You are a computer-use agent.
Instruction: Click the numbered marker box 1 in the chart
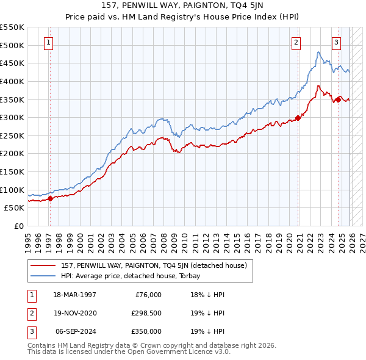click(x=48, y=42)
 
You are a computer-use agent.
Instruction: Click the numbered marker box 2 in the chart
click(x=296, y=42)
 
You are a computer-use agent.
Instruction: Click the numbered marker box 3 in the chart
click(x=336, y=42)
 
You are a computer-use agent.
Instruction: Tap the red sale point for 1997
click(x=50, y=198)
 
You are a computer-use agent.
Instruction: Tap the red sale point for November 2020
click(x=298, y=118)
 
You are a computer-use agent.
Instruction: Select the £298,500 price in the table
click(x=147, y=313)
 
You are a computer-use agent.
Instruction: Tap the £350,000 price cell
click(x=147, y=331)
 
